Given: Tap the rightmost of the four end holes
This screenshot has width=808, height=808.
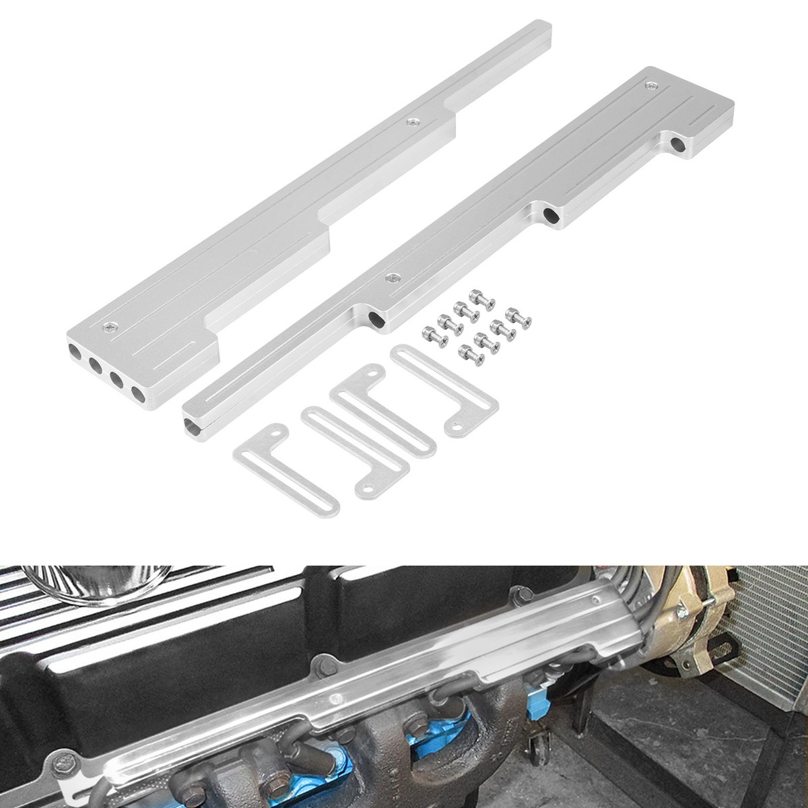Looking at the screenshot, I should [x=138, y=395].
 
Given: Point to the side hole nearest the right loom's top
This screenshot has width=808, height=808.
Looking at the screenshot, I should [x=677, y=143].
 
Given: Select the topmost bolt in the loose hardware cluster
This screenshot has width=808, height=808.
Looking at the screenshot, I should [x=479, y=296].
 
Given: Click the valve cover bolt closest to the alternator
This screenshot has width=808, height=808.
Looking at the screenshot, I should [x=518, y=593].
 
